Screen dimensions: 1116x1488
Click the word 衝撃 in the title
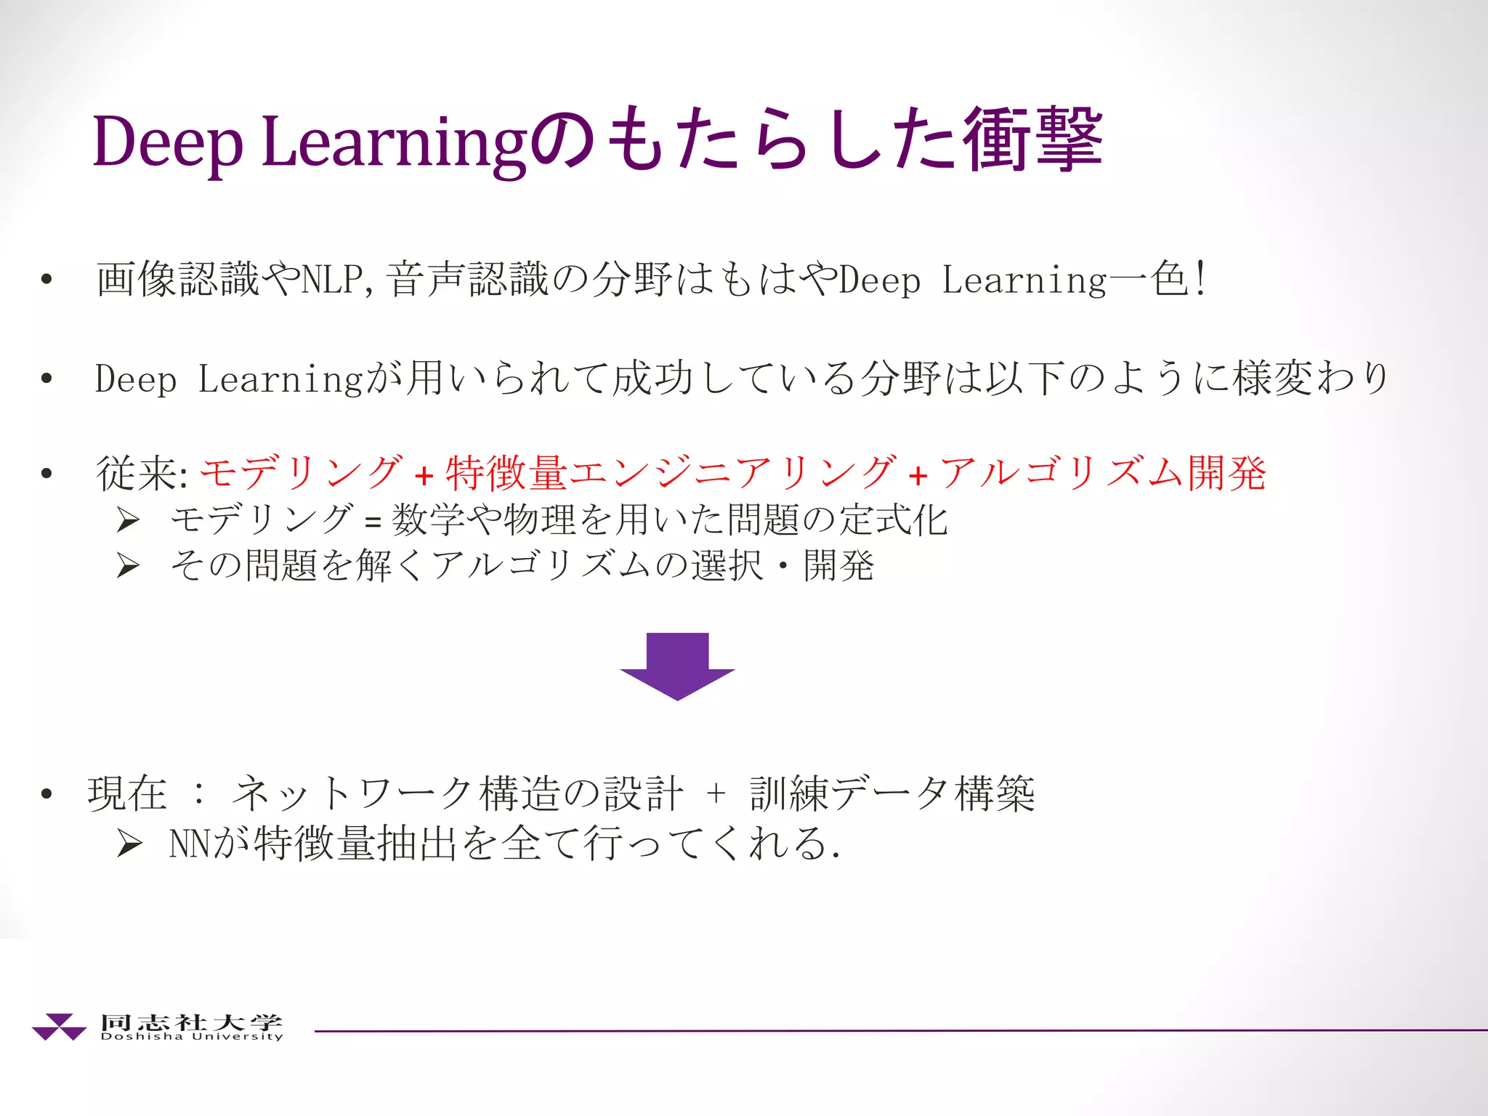(1032, 139)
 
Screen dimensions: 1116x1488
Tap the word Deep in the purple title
(168, 142)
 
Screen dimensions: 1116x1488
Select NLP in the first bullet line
(331, 279)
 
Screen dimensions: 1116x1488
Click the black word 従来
(138, 473)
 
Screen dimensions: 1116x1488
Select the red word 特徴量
(506, 473)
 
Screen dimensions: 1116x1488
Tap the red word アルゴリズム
(1062, 473)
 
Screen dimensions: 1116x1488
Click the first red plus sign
(424, 476)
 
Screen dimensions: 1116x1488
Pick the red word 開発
(1227, 473)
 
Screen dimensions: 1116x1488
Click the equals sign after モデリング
(373, 522)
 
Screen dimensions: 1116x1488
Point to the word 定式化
(893, 520)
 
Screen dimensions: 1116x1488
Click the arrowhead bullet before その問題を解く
(128, 565)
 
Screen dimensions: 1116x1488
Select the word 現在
(127, 793)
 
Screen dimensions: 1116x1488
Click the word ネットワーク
(353, 793)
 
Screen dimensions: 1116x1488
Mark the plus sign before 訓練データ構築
(716, 793)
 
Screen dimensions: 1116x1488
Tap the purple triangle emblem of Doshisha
(59, 1026)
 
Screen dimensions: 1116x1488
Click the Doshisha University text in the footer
(192, 1036)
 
